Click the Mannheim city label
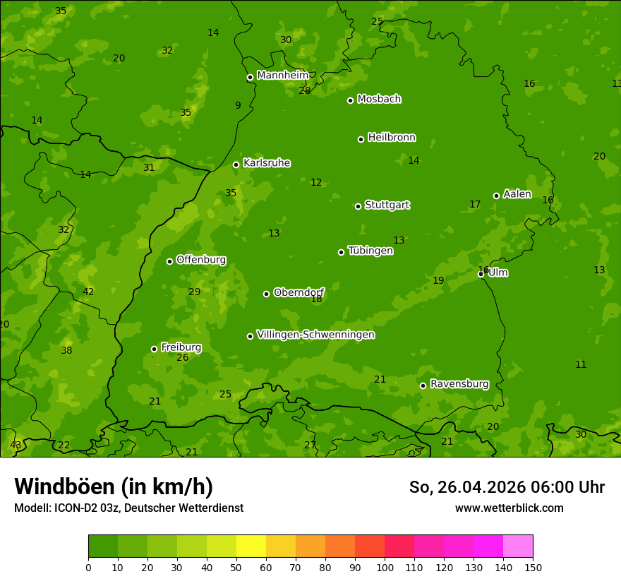(x=283, y=76)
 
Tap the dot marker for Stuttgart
(x=358, y=206)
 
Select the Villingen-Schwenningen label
(x=315, y=335)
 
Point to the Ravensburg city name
(x=459, y=384)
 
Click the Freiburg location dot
(x=154, y=349)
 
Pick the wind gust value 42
(x=88, y=292)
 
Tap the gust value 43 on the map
(x=16, y=445)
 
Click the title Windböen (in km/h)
(x=114, y=486)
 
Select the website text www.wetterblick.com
(x=509, y=508)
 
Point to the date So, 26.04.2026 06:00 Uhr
(x=507, y=487)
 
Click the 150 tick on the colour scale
(x=533, y=568)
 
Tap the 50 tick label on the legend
(x=236, y=568)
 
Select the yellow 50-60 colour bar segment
(x=251, y=546)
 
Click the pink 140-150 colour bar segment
(x=518, y=546)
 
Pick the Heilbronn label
(x=392, y=138)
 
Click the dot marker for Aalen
(x=496, y=196)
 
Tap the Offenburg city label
(x=201, y=260)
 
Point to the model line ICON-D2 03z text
(x=128, y=508)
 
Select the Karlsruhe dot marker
(x=236, y=165)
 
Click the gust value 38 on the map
(x=66, y=350)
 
